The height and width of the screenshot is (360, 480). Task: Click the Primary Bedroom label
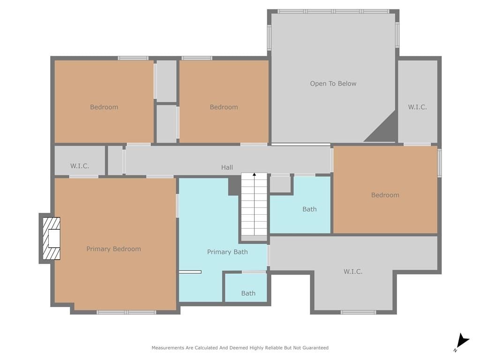(113, 249)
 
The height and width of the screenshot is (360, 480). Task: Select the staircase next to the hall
(254, 207)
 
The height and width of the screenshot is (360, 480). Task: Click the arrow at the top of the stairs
(254, 174)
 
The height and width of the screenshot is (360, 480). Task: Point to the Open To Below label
(333, 83)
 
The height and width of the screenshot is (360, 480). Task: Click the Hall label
(227, 167)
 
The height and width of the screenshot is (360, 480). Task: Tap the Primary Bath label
(227, 252)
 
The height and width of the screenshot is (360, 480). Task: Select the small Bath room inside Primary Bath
(246, 288)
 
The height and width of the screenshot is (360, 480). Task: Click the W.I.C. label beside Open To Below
(417, 107)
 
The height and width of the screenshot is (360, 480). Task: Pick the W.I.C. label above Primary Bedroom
(80, 166)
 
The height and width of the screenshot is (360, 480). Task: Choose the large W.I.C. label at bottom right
(353, 271)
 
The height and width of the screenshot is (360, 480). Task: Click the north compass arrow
(463, 341)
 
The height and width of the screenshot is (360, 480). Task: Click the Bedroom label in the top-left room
(104, 107)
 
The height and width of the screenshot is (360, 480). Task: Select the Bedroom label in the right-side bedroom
(385, 195)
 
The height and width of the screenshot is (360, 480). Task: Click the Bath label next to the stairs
(309, 210)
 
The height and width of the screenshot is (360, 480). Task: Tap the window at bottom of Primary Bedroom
(127, 312)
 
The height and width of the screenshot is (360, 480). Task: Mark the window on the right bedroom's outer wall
(440, 163)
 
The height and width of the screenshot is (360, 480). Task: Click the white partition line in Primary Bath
(190, 272)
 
